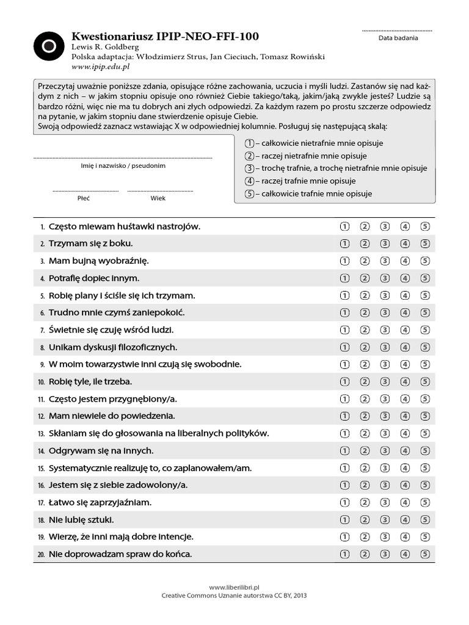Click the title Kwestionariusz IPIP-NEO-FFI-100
click(x=165, y=37)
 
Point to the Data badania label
click(x=398, y=38)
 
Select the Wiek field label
click(x=158, y=198)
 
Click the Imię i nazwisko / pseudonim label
click(x=123, y=165)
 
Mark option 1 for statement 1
click(x=344, y=226)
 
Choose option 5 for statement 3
click(x=425, y=261)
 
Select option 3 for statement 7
click(x=385, y=330)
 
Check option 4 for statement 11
click(x=405, y=399)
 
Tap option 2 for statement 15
click(x=365, y=468)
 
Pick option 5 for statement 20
click(x=425, y=554)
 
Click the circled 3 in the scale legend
click(x=249, y=168)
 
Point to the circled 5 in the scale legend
click(x=249, y=194)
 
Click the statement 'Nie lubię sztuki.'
click(x=81, y=520)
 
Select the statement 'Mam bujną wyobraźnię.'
click(x=98, y=261)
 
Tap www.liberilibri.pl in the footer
click(x=234, y=587)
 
